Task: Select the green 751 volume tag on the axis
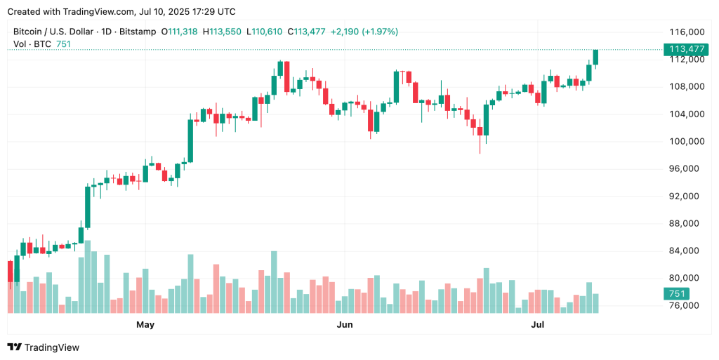coord(678,294)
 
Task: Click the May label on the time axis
coord(145,325)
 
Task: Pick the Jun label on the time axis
coord(344,325)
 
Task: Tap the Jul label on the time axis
coord(538,325)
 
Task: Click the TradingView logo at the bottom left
coord(44,347)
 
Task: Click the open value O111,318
coord(179,32)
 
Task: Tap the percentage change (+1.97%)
coord(378,32)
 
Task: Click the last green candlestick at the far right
coord(595,57)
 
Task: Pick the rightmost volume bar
coord(595,303)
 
